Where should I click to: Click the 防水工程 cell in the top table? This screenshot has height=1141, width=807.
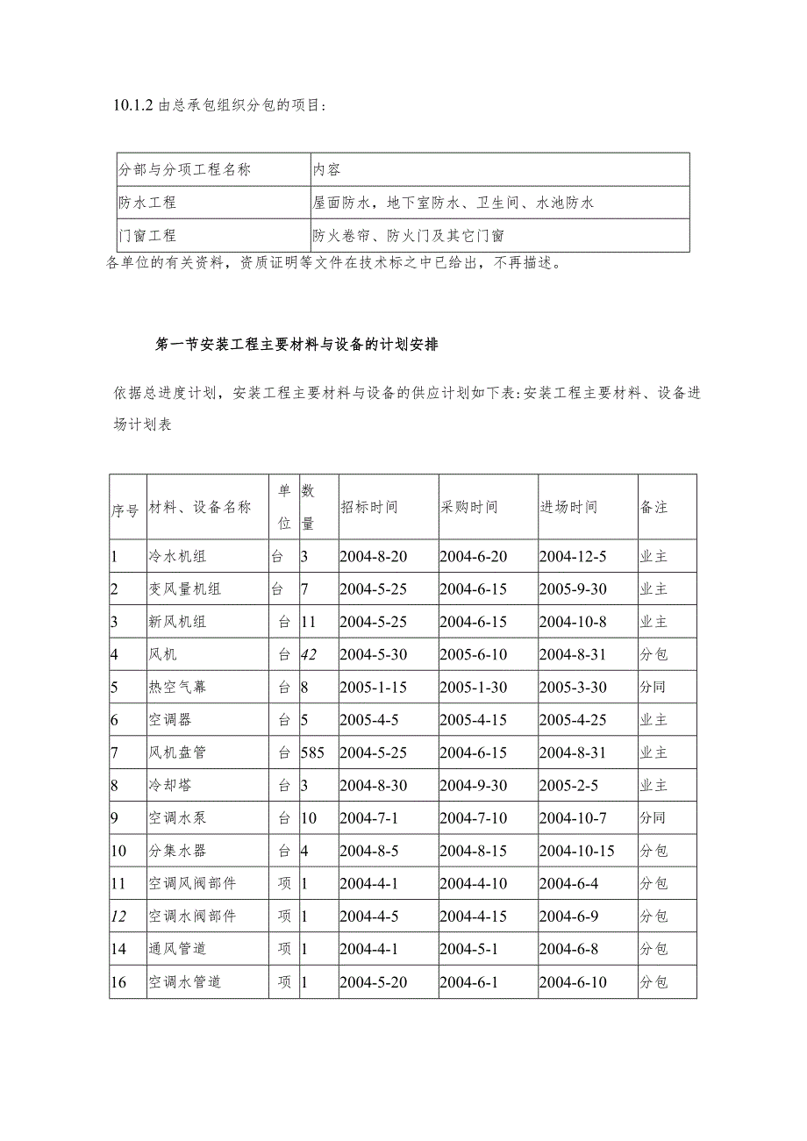tap(147, 203)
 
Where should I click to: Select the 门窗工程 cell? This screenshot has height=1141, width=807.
tap(147, 235)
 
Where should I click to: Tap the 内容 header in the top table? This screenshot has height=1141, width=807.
tap(326, 169)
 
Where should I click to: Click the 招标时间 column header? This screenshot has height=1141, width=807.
tap(368, 507)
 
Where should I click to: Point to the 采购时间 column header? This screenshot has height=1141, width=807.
tap(468, 507)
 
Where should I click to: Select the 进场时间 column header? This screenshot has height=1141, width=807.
tap(568, 507)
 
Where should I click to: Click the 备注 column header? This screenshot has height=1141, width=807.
tap(653, 507)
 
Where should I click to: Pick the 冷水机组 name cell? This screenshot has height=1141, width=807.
tap(178, 556)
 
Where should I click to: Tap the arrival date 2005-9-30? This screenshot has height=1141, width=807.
tap(573, 589)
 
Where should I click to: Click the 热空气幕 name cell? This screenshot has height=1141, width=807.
tap(178, 687)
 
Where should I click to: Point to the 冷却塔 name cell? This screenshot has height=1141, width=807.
tap(171, 785)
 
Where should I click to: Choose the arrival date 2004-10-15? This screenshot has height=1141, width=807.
tap(576, 851)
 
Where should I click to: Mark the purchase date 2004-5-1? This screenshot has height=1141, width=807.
tap(468, 949)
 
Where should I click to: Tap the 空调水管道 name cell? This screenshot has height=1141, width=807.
tap(184, 982)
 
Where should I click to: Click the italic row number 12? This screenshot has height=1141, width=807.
tap(119, 916)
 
